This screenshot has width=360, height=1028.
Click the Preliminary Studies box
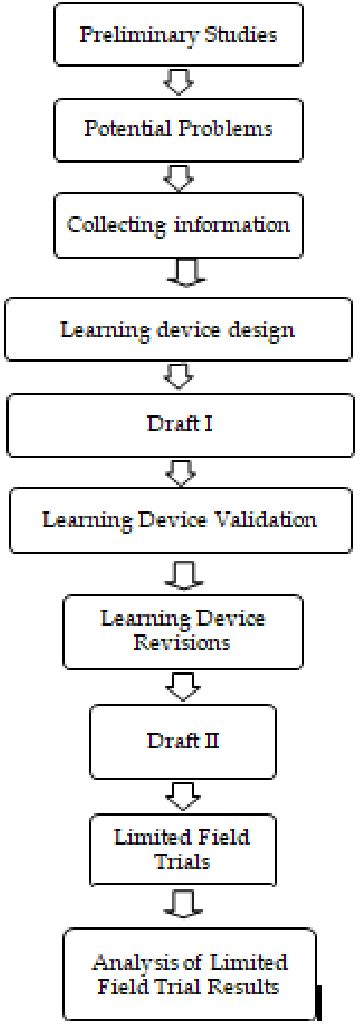[177, 35]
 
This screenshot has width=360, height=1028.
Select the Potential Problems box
[177, 130]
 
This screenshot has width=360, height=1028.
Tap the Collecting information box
[178, 224]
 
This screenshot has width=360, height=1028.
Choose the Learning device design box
[178, 329]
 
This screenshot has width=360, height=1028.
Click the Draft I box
[178, 424]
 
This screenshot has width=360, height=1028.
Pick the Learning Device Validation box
[178, 520]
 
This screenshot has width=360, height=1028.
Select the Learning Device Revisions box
[182, 631]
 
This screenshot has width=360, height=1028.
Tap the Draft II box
[182, 741]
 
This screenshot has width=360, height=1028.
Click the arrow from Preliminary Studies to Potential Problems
[178, 83]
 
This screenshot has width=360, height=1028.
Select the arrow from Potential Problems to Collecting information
[178, 178]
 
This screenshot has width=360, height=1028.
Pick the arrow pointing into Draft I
[178, 377]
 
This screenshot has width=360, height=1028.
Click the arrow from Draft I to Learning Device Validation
[178, 472]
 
